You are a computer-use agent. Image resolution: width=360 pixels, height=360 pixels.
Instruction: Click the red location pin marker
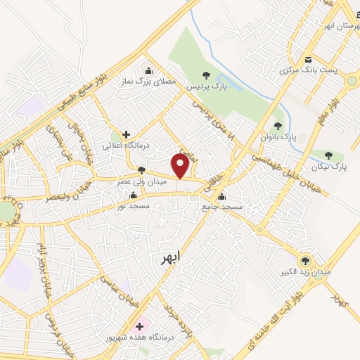[181, 166]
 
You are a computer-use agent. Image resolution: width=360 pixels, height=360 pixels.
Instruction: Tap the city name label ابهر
[169, 258]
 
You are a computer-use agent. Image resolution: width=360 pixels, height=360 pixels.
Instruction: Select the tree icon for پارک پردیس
[205, 75]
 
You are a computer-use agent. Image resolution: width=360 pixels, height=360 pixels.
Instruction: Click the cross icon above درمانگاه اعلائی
[126, 134]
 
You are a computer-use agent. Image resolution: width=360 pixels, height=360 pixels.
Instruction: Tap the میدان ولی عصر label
[141, 181]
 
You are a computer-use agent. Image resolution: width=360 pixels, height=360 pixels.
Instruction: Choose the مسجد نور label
[133, 206]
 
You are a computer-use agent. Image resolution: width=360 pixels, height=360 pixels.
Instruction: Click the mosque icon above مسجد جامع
[222, 196]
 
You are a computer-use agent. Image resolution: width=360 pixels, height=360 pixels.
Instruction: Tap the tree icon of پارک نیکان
[328, 155]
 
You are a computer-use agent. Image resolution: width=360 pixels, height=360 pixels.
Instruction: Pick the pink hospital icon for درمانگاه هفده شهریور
[139, 326]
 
